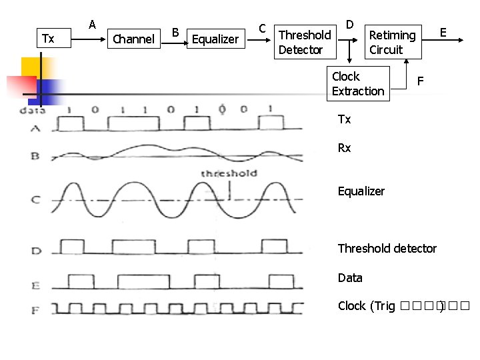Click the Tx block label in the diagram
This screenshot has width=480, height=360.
tap(48, 39)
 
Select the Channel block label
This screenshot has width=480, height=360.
tap(133, 39)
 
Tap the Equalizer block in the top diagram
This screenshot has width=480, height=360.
tap(215, 39)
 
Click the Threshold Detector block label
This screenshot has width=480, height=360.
tap(304, 42)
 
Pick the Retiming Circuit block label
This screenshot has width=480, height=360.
tap(392, 42)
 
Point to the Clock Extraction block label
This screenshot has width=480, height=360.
tap(358, 84)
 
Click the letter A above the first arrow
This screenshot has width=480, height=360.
tap(93, 25)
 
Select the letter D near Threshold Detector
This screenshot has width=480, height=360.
tap(350, 25)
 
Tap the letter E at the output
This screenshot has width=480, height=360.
tap(443, 31)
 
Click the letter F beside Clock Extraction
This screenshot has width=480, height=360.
tap(421, 81)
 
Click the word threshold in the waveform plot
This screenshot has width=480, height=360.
tap(229, 173)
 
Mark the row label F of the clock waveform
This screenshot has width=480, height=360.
tap(35, 309)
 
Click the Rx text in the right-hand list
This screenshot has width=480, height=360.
tap(344, 148)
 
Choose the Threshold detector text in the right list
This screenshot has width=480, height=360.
tap(387, 249)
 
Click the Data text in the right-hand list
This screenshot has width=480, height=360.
tap(350, 277)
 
